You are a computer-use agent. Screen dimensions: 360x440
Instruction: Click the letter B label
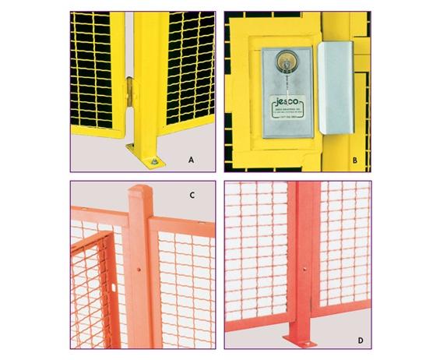(355, 162)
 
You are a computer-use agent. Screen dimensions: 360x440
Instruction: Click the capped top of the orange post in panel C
(139, 192)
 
